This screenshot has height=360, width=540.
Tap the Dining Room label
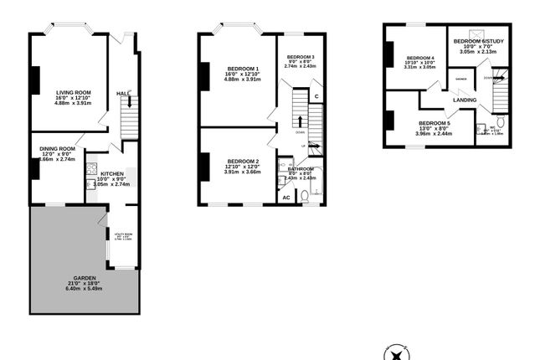tap(57, 149)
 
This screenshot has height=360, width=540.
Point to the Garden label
tap(84, 277)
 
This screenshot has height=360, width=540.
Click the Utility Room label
tap(123, 235)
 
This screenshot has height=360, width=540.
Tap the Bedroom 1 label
tap(243, 68)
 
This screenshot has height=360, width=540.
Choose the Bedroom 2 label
tap(242, 161)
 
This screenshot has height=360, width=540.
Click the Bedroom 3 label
tap(301, 56)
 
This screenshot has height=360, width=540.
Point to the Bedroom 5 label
tap(435, 123)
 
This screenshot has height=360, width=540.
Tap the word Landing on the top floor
tap(465, 100)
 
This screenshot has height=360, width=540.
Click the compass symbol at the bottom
tap(394, 352)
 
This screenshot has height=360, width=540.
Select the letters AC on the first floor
tap(285, 198)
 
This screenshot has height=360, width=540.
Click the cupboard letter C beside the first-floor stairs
tap(316, 97)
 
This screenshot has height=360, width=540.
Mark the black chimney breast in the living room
tap(35, 80)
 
